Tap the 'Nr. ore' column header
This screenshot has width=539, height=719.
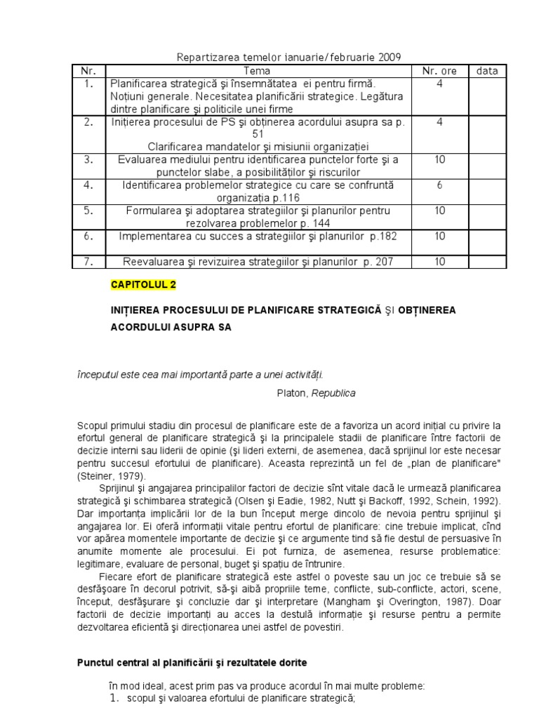click(x=439, y=71)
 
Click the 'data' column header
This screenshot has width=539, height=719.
click(x=487, y=71)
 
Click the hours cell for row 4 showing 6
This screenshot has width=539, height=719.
click(x=439, y=185)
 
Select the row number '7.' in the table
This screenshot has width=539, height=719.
click(x=88, y=261)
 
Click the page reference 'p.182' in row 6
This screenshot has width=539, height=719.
click(x=382, y=236)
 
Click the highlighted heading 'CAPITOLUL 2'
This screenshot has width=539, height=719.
click(x=144, y=284)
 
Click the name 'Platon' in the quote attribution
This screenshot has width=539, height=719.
click(x=292, y=393)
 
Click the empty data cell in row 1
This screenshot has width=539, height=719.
click(x=487, y=96)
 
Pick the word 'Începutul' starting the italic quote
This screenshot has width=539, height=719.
click(x=98, y=374)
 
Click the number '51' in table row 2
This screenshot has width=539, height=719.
click(x=257, y=134)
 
